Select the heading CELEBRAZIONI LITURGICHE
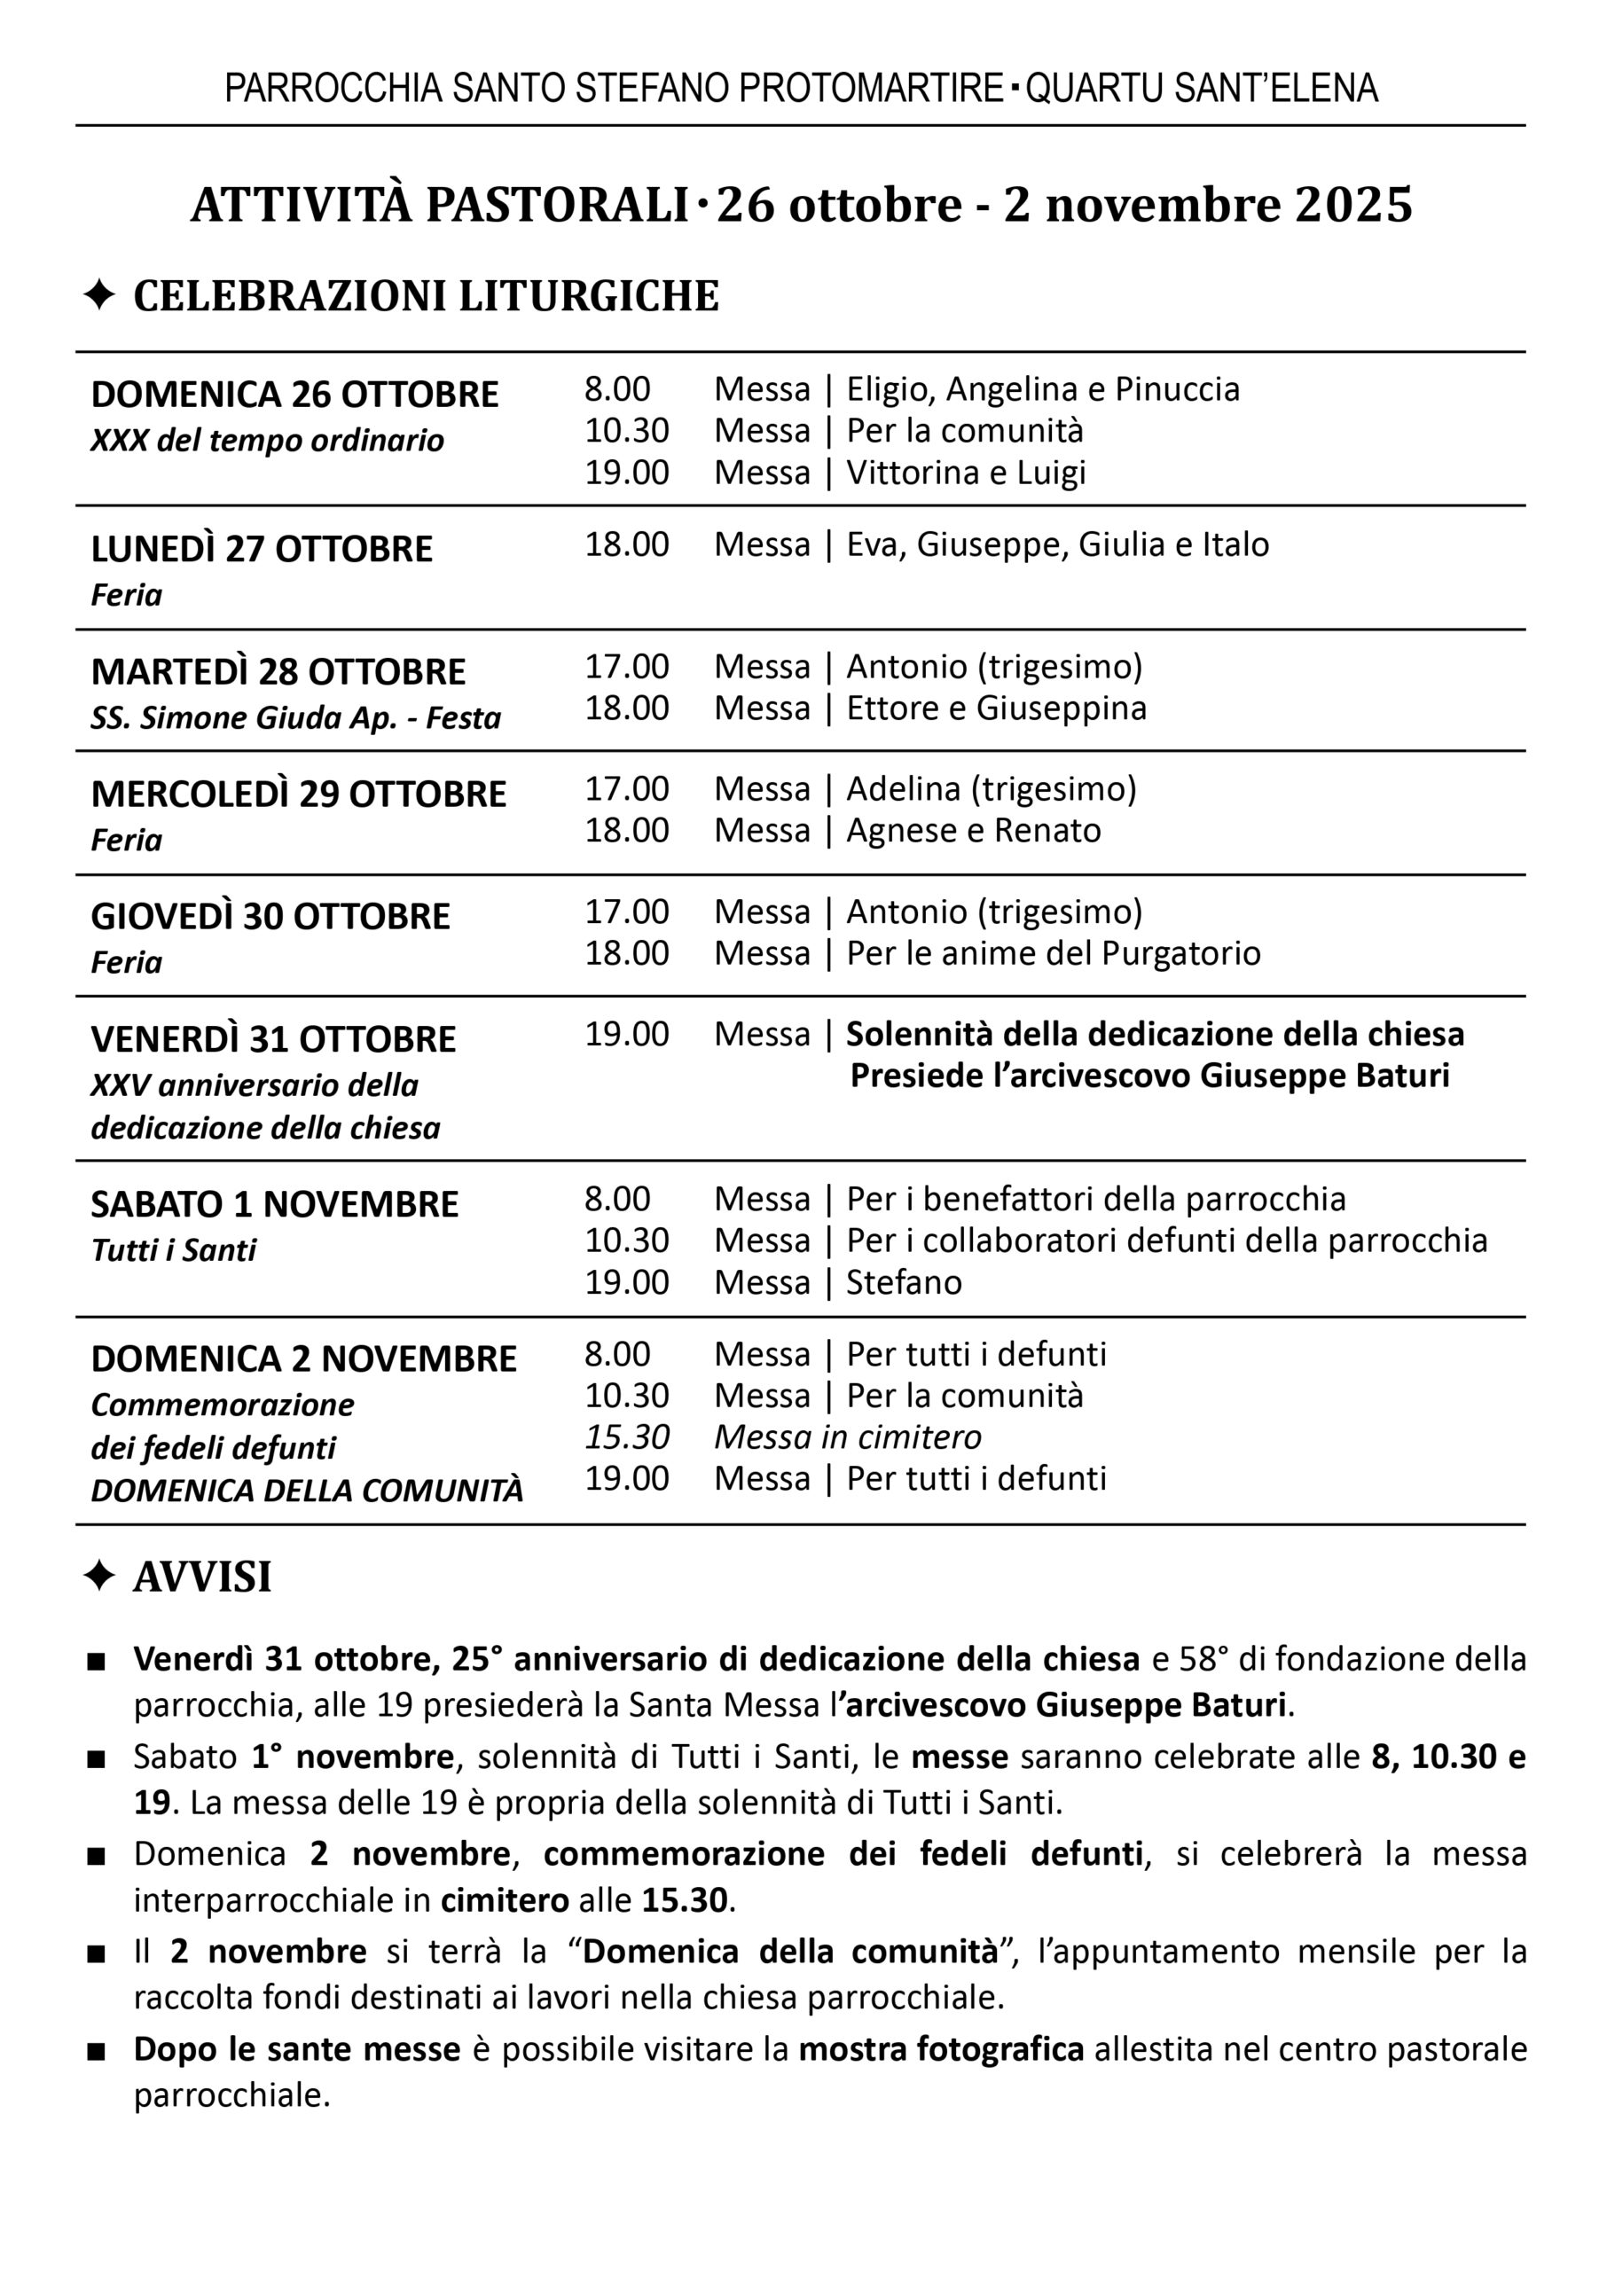coord(426,296)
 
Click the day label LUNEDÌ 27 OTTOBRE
coord(262,549)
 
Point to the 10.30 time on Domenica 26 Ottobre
coord(626,431)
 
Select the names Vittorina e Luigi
coord(965,473)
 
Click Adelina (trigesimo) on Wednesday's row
coord(991,789)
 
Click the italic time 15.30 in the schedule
coord(626,1437)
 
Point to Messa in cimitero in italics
coord(847,1437)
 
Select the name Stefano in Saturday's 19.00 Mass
coord(904,1283)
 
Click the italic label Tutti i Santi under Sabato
coord(173,1250)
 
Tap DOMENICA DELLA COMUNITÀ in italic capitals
coord(307,1491)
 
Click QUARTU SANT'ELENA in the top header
coord(1202,89)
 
